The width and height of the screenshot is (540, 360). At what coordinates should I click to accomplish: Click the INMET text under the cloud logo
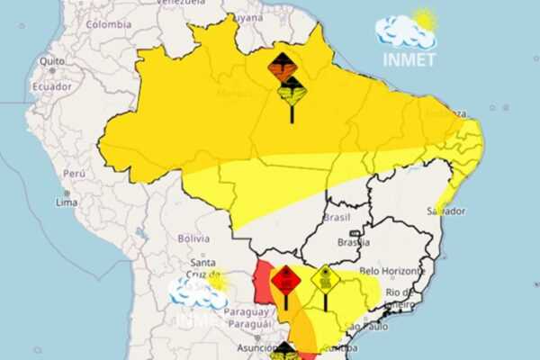409,59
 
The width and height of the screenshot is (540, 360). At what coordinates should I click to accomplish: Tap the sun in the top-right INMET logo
423,19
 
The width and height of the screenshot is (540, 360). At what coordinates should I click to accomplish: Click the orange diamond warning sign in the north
282,66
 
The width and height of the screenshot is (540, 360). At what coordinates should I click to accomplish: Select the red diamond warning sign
285,281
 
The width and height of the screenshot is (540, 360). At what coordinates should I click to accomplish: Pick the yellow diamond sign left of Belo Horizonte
325,280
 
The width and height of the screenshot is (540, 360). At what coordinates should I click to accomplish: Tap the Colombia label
109,24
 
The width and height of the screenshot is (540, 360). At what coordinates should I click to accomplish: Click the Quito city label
52,60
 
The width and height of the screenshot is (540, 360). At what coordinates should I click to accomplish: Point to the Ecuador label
50,86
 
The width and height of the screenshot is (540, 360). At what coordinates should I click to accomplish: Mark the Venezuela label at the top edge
181,3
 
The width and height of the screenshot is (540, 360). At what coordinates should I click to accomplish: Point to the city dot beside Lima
65,193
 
